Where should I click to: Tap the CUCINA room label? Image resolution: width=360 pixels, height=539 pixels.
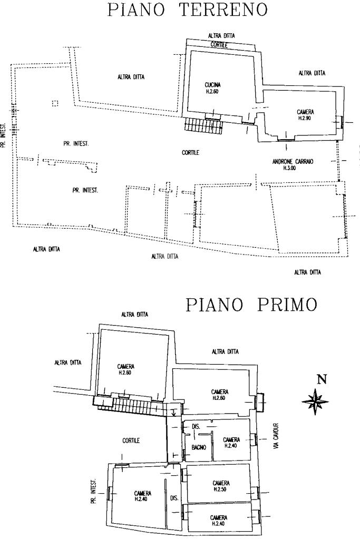click(212, 85)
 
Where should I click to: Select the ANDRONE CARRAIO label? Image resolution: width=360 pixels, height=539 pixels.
click(293, 162)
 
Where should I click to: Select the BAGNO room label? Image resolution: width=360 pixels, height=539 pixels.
click(199, 448)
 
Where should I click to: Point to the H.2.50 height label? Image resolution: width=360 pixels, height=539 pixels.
click(221, 489)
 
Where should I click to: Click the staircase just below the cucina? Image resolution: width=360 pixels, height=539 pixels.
click(203, 125)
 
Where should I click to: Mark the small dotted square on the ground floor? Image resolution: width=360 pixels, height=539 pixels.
click(55, 103)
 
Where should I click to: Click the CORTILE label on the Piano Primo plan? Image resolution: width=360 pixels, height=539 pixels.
click(131, 441)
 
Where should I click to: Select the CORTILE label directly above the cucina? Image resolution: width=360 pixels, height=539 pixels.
click(219, 45)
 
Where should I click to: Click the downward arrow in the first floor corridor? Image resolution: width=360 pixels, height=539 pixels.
click(173, 413)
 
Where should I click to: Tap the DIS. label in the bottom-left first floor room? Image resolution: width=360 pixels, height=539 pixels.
click(174, 497)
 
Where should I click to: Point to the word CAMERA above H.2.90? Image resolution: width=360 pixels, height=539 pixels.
click(305, 112)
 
